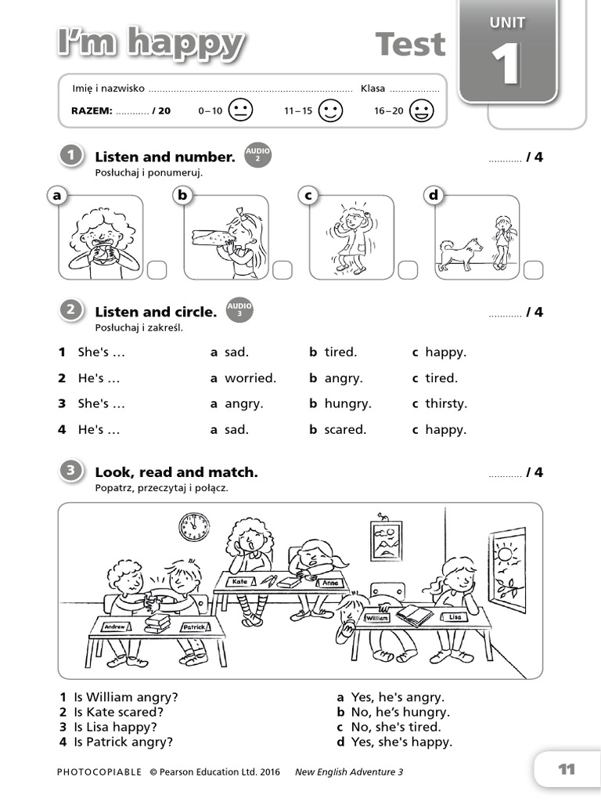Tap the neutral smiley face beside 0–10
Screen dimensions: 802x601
tap(241, 110)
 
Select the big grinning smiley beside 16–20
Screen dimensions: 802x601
tap(422, 110)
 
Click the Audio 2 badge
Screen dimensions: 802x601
tap(257, 155)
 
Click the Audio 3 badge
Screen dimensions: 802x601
tap(239, 310)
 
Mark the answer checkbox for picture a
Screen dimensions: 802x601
tap(157, 269)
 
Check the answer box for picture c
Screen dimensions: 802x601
tap(408, 269)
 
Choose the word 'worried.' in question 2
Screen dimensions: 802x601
tap(250, 378)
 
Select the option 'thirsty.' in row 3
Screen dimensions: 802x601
tap(445, 404)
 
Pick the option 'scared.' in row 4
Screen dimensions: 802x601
tap(345, 430)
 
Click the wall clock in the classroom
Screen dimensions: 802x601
tap(193, 527)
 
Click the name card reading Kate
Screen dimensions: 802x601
tap(240, 582)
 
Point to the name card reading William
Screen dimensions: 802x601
tap(377, 617)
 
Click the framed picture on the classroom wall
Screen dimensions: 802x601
tap(386, 540)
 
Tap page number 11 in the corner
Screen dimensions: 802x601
tap(566, 769)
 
